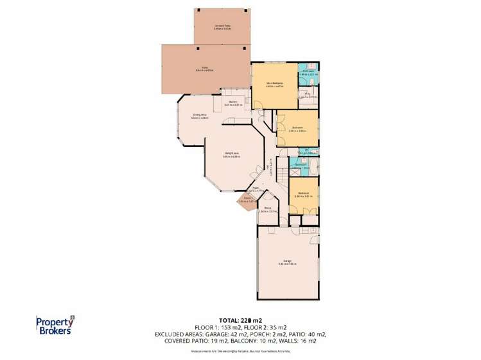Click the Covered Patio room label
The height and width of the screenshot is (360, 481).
pyautogui.click(x=222, y=26)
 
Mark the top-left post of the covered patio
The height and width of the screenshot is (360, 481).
pyautogui.click(x=197, y=11)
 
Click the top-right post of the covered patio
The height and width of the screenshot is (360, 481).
pyautogui.click(x=247, y=11)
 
